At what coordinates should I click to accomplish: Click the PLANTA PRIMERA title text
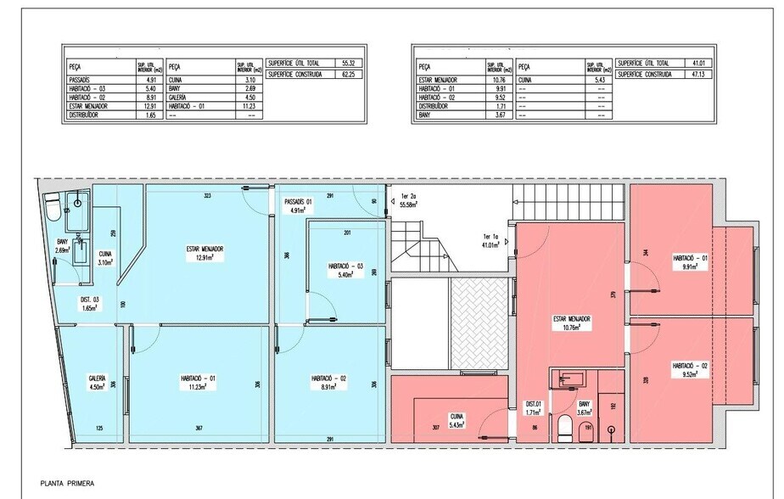coord(66,484)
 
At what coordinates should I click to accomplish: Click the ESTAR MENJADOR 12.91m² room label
coord(205,253)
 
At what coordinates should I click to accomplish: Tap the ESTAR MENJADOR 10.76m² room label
coord(571,323)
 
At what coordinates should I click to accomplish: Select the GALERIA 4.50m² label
coord(97,383)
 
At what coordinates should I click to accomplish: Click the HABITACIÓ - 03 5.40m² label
coord(345,271)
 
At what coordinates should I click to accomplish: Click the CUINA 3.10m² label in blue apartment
coord(105,258)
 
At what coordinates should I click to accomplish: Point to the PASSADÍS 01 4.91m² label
coord(298,206)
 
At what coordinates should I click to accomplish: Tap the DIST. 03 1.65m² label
coord(90,304)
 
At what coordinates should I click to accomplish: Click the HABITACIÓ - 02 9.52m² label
coord(690,369)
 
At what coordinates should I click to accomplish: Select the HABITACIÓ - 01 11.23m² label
coord(198,383)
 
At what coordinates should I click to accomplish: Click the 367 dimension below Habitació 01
coord(199,428)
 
